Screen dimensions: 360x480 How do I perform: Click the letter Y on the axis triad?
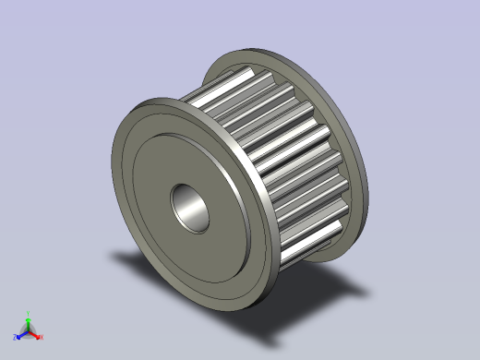[29, 314]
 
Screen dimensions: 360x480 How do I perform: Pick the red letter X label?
[41, 337]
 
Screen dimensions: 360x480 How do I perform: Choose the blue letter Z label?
[15, 336]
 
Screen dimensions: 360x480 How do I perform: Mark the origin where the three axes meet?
[28, 330]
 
